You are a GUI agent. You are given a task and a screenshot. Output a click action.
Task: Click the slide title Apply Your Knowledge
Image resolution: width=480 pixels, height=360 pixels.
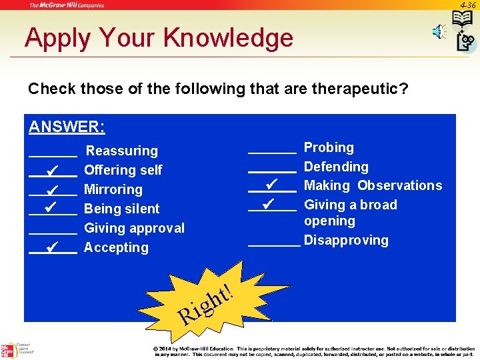tap(159, 38)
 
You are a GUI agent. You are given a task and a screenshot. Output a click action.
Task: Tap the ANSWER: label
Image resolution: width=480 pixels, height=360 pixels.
tap(67, 127)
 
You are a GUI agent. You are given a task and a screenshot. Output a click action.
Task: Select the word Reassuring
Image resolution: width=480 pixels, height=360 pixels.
tap(122, 151)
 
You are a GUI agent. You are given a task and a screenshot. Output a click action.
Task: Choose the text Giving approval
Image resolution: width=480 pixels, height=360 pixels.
tap(134, 228)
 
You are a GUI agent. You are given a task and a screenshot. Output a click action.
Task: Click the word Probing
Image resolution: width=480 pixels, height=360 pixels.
tap(329, 147)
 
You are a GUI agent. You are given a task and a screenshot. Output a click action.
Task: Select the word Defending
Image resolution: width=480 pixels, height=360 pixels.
tap(336, 167)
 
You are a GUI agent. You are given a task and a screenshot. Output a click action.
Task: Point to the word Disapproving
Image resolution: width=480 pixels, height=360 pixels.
tap(346, 240)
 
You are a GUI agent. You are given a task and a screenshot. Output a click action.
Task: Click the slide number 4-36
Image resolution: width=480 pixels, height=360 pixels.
tap(469, 5)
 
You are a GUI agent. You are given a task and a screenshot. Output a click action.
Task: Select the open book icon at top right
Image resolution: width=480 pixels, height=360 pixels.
tap(462, 19)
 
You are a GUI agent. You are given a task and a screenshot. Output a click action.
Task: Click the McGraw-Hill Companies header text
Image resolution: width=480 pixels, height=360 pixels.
tap(67, 5)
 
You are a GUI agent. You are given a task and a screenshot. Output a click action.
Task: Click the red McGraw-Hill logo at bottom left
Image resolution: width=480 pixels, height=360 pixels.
tap(8, 351)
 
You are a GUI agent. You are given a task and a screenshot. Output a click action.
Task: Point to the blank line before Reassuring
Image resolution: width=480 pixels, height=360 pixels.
tap(53, 155)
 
